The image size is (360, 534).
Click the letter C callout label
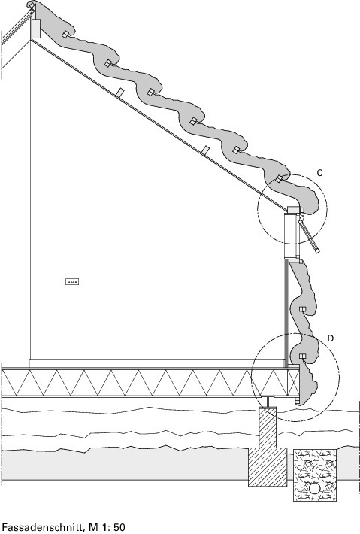319,173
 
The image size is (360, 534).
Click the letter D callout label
331,338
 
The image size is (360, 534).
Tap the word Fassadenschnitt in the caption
43,528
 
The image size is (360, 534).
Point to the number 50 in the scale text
119,528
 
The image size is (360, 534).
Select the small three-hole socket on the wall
72,281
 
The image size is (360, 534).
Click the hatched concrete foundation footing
268,447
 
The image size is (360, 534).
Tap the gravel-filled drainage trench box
315,475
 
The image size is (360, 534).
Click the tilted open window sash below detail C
309,235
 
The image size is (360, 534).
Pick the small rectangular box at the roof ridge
36,29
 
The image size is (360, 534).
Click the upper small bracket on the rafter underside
119,93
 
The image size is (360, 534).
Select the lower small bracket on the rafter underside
205,150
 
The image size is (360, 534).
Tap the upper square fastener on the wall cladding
302,309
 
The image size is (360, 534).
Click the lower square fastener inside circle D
302,357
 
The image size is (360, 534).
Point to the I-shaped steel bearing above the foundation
268,402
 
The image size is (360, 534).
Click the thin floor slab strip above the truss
156,363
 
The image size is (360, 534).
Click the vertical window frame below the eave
292,235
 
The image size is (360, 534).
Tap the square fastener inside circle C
279,179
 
